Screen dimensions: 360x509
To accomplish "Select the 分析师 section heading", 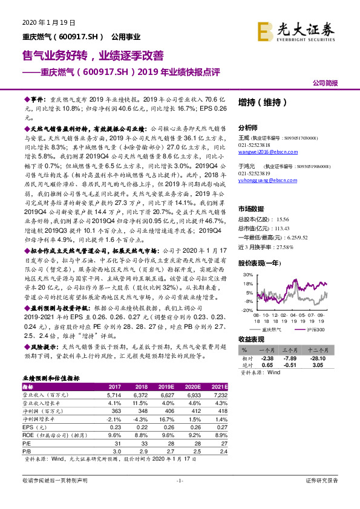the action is (x=248, y=128).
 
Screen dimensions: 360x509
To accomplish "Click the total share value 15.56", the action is (x=281, y=219).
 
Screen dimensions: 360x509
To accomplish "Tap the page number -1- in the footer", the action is (x=179, y=480).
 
